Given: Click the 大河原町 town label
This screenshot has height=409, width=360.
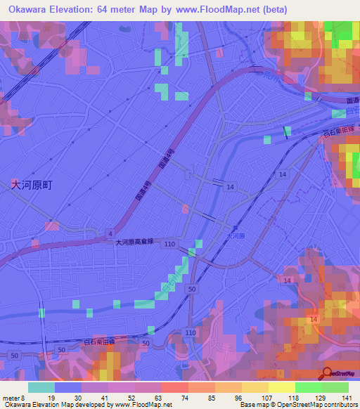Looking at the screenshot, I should pos(32,185).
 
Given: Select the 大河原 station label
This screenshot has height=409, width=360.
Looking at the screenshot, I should pos(236,237).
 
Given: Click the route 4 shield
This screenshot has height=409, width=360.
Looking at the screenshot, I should pos(110,233).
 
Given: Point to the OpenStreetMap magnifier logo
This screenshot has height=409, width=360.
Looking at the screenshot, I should pos(328,372).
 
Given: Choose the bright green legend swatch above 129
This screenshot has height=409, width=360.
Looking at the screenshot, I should pos(308,387).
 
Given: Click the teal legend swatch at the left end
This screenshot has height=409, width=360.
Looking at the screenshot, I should pos(41,387).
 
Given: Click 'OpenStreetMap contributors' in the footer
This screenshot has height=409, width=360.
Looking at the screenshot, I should pos(317,405).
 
